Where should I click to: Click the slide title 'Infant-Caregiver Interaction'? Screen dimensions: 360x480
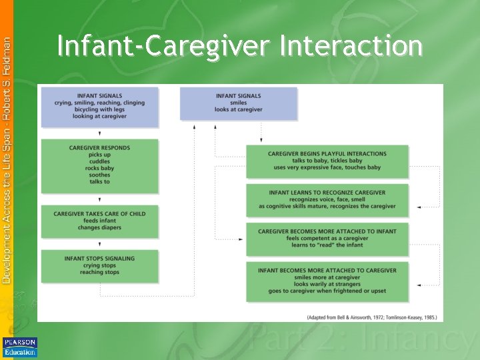point(239,47)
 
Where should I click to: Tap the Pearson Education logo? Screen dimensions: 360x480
point(20,347)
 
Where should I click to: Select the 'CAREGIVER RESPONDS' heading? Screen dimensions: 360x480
point(99,147)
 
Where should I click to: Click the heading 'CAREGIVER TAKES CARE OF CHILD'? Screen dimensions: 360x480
point(99,214)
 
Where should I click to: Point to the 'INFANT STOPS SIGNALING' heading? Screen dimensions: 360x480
point(99,258)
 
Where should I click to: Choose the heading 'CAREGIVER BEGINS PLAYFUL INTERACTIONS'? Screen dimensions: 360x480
point(327,153)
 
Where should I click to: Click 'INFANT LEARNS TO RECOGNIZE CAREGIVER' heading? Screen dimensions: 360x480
point(327,193)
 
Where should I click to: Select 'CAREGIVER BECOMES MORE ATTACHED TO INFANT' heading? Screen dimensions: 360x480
point(327,231)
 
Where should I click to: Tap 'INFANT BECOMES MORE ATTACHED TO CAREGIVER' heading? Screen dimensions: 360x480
point(327,270)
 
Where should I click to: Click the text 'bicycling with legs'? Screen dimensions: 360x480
point(99,110)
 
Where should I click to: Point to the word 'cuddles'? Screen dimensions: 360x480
point(99,161)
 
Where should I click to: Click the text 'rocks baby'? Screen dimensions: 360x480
point(99,168)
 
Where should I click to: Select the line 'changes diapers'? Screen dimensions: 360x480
point(99,228)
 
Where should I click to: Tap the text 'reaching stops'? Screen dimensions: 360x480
point(99,272)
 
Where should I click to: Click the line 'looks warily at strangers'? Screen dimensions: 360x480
point(327,284)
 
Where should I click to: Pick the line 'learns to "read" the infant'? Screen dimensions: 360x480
point(327,245)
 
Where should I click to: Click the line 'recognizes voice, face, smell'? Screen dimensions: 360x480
point(327,199)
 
